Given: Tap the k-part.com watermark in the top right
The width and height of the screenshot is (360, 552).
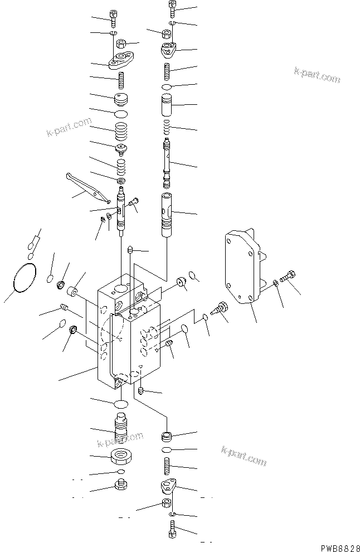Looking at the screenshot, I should tap(317, 75).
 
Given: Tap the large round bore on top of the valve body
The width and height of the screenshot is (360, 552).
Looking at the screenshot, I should tap(121, 288).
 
